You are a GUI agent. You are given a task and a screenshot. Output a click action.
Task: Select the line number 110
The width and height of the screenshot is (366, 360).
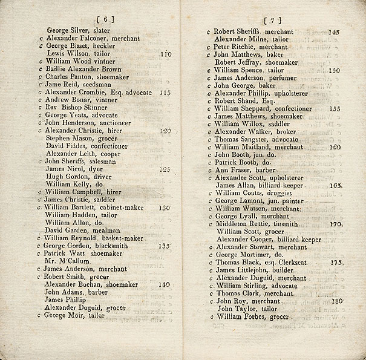point(165,53)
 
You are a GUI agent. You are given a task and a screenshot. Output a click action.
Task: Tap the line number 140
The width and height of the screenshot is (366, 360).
point(164,284)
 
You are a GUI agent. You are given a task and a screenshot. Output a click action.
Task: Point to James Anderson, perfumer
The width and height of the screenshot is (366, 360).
point(255,77)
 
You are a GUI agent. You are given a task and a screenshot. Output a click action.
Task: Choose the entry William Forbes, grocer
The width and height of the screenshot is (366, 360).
point(252,316)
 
